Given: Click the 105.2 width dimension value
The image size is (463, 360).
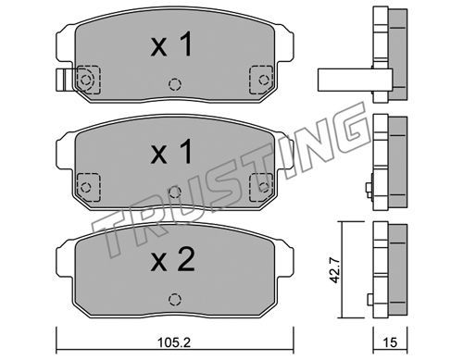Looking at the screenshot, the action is click(174, 342).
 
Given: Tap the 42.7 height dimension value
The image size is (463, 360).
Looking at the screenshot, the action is click(334, 271).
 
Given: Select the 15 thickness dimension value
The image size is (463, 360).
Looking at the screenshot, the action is click(390, 342).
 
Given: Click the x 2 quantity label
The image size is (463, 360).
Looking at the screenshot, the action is click(173, 260).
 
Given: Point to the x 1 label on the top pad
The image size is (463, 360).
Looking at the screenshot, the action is click(171, 44).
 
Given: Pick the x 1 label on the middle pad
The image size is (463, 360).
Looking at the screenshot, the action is click(171, 152).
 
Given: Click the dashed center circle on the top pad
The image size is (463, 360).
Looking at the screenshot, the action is click(175, 83).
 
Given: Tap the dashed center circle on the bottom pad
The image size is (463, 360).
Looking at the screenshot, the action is click(175, 299).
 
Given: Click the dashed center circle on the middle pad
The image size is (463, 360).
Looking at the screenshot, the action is click(175, 192).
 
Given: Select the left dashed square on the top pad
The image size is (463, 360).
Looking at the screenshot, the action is click(88, 80).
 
